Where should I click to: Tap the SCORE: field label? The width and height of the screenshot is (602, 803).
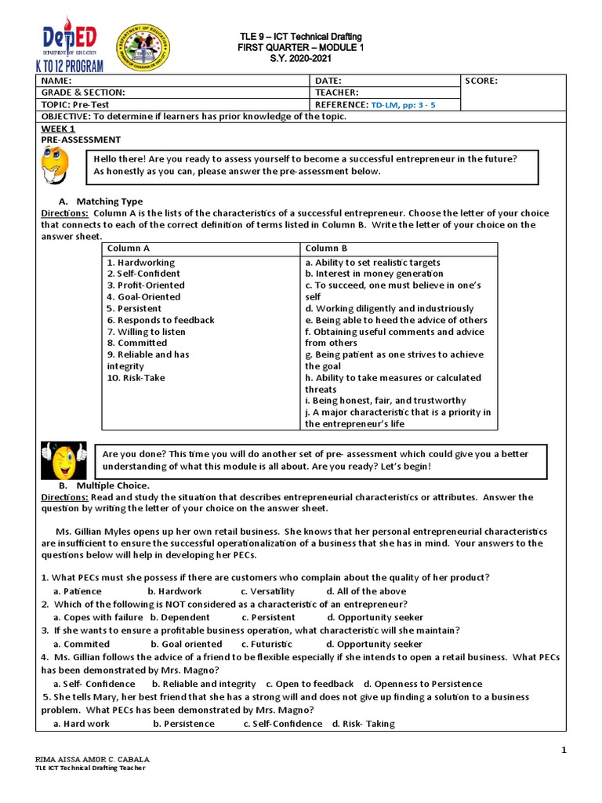click(x=481, y=81)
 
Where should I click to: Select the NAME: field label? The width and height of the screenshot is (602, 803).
click(x=56, y=81)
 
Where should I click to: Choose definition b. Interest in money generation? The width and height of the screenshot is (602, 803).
click(x=374, y=274)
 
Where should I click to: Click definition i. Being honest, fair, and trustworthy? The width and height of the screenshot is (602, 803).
click(x=385, y=401)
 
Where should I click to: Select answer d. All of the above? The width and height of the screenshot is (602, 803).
click(x=366, y=591)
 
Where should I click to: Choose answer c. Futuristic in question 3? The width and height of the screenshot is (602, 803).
click(x=267, y=644)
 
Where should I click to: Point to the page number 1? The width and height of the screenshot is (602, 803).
click(x=563, y=751)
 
